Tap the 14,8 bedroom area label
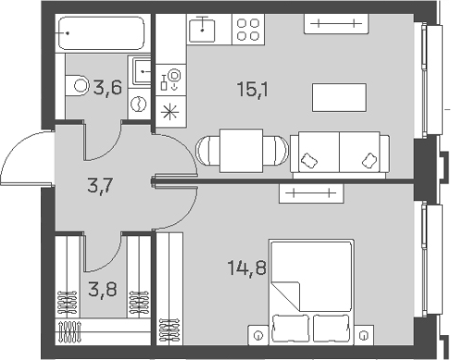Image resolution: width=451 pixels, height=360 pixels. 245,270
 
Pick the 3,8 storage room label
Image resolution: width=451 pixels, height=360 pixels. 100,287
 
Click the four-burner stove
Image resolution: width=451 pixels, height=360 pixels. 247,31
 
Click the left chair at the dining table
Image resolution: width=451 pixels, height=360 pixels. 208,150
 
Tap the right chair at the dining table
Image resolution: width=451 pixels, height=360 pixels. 275,150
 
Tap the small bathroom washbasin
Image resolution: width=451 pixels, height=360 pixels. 141,70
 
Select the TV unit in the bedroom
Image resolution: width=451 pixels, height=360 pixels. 311,192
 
